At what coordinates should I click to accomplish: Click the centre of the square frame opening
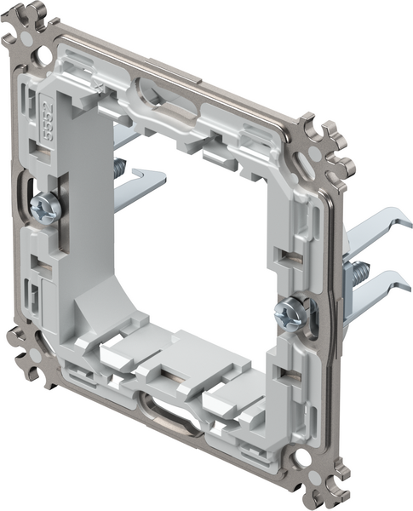point(192,255)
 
